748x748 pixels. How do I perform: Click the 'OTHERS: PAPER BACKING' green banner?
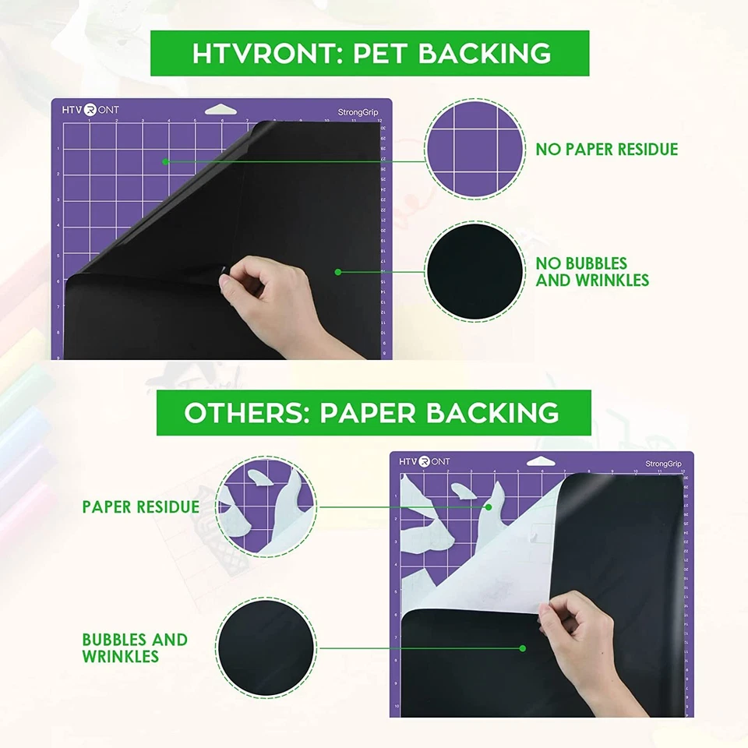tap(372, 413)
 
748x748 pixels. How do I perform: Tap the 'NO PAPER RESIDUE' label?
tap(606, 149)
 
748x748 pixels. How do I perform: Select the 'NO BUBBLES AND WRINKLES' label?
tap(592, 272)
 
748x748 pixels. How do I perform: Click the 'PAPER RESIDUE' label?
tap(141, 506)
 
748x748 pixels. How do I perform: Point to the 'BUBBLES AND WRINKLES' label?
tap(135, 647)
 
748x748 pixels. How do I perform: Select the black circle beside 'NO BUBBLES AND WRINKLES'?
tap(475, 273)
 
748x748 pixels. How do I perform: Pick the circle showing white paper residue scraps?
tap(266, 507)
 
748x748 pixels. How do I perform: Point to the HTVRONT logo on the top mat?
tap(90, 110)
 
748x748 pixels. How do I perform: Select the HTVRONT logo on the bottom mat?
tap(425, 461)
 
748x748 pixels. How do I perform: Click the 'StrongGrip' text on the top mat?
tap(358, 112)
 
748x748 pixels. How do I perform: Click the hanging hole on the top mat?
tap(221, 109)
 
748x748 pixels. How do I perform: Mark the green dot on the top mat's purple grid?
tap(165, 161)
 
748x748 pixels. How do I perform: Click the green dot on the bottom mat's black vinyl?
tap(523, 647)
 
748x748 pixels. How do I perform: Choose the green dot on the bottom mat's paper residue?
tap(489, 506)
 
